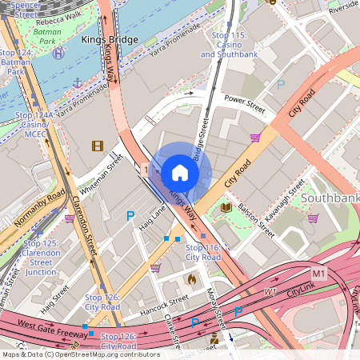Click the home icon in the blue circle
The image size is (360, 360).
click(x=180, y=172)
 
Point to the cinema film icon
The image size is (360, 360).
click(x=97, y=146)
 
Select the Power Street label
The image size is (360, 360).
click(x=245, y=101)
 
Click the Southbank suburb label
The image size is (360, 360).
click(x=330, y=198)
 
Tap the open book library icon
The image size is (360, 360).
click(x=226, y=207)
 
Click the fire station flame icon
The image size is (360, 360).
click(x=191, y=279)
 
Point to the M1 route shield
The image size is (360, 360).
click(x=319, y=274)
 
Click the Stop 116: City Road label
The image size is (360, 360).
click(x=202, y=253)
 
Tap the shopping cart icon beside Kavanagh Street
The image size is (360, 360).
click(x=313, y=218)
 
